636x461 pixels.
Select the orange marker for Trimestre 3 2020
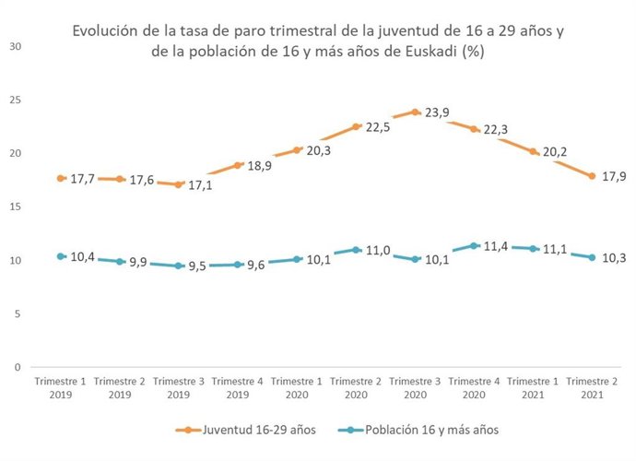point(416,112)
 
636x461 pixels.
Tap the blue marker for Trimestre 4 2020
point(475,245)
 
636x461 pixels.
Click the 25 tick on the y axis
point(16,100)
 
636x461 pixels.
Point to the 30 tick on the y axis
point(16,46)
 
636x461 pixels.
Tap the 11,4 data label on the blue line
point(497,247)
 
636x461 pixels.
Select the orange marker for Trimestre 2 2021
point(593,176)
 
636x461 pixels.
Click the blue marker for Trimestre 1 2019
point(61,256)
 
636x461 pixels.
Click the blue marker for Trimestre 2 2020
point(357,250)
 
